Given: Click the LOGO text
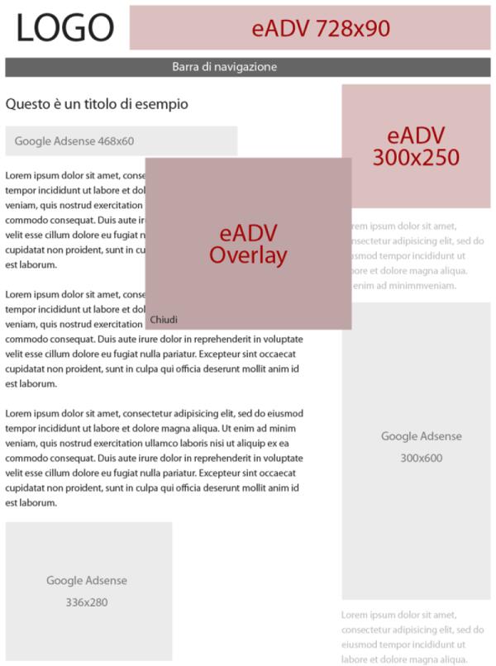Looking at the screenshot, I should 64,28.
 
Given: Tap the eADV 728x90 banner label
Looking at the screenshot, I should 321,29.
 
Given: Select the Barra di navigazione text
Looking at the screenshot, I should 225,67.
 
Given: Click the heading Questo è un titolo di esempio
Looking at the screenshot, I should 97,104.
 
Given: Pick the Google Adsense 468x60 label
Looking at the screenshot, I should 74,141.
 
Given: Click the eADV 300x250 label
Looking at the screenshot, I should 416,146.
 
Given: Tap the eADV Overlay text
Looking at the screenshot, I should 248,244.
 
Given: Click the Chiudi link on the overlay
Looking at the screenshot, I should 164,320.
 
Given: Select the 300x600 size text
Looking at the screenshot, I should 422,458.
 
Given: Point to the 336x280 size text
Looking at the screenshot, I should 87,602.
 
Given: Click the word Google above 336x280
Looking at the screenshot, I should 65,581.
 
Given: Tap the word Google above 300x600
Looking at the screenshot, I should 400,436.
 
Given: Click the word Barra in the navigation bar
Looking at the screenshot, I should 186,67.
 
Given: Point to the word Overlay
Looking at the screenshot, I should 248,255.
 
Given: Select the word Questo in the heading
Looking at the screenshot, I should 26,104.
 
